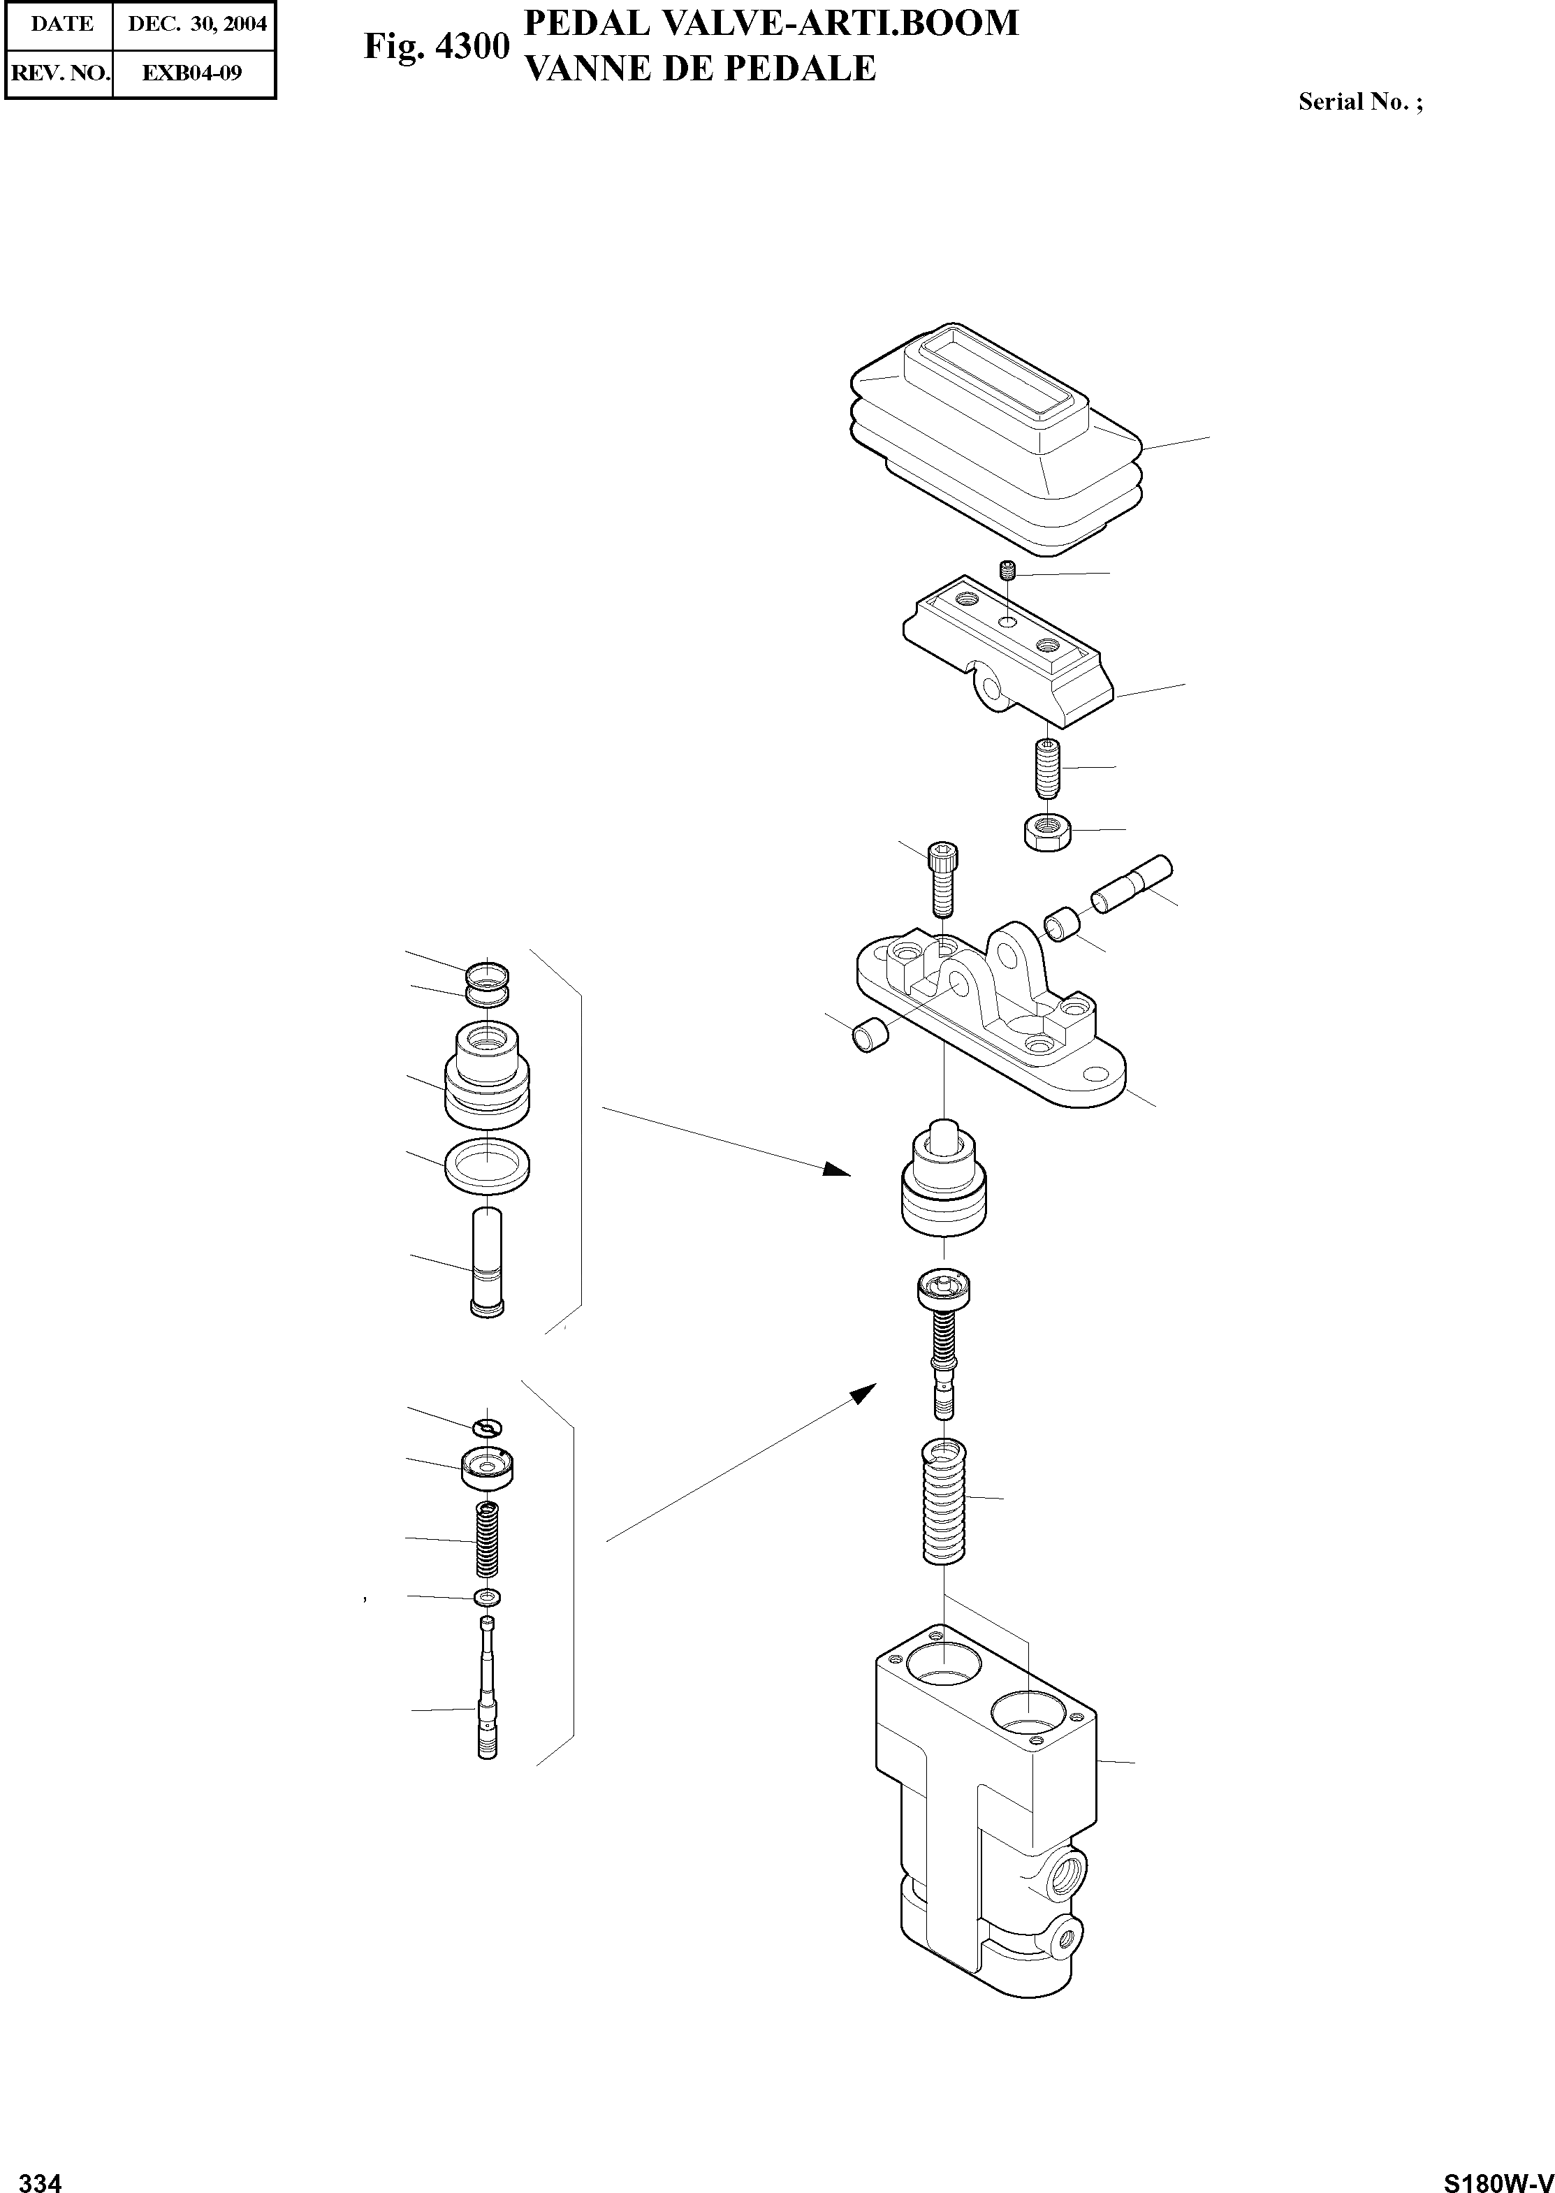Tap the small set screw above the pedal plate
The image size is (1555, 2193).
tap(1007, 573)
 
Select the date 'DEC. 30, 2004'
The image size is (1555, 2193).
tap(196, 24)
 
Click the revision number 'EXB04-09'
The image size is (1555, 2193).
tap(191, 73)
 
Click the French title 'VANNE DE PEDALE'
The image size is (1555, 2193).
tap(702, 67)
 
